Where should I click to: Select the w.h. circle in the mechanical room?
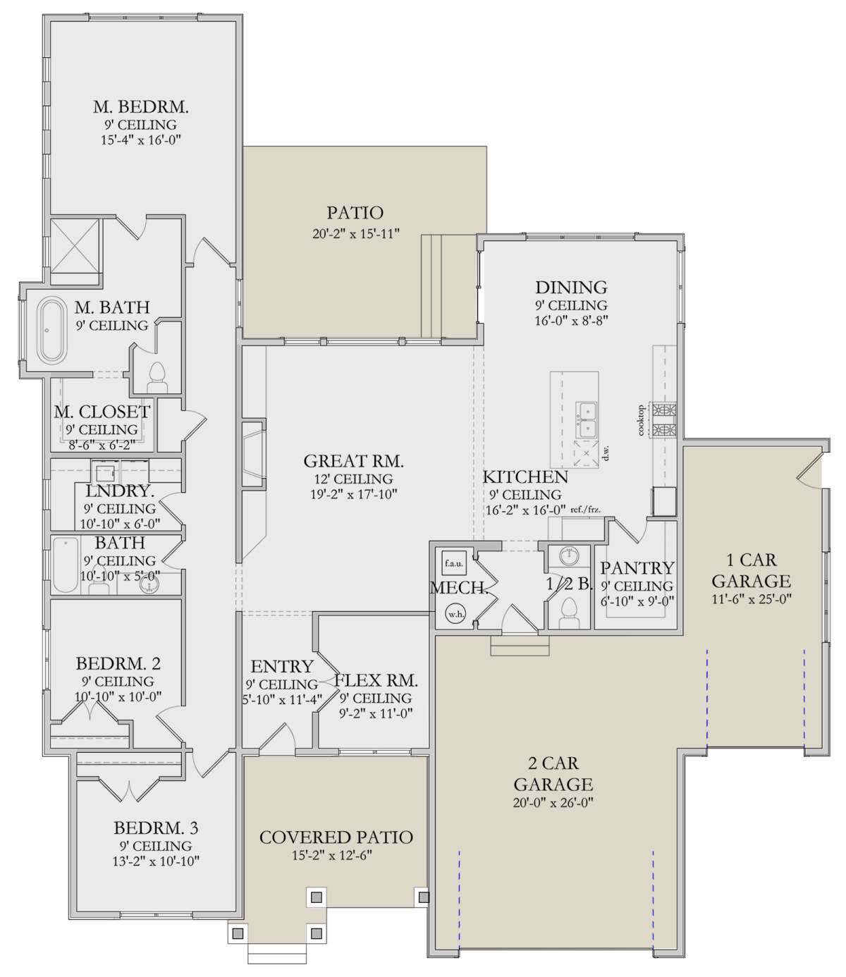455,614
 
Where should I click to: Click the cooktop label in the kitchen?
641,420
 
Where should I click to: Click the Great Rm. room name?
353,462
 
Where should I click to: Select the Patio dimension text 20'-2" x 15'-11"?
356,233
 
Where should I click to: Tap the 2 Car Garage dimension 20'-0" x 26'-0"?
553,802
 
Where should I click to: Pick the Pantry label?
637,567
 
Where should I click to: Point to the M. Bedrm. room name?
141,107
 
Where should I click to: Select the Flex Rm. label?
376,681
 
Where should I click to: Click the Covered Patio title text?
336,837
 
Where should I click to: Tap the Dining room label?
570,288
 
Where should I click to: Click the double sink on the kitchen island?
587,419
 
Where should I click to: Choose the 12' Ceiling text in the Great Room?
353,479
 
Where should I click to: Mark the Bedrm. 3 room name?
156,828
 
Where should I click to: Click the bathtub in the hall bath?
66,565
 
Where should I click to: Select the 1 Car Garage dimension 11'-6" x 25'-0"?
752,600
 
